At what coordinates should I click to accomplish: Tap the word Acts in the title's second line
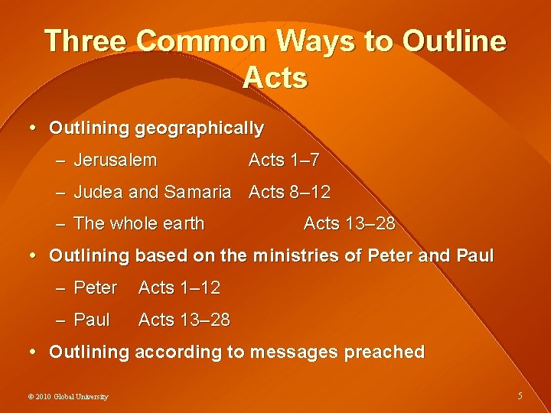click(275, 78)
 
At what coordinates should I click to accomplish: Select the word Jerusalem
click(116, 161)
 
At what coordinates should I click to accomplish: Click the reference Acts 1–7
click(284, 161)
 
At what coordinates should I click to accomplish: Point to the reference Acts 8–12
click(289, 192)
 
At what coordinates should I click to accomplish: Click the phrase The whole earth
click(139, 223)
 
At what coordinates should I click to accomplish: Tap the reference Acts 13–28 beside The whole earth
click(349, 223)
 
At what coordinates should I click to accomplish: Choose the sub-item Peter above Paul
click(96, 288)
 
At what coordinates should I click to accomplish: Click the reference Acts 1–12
click(179, 288)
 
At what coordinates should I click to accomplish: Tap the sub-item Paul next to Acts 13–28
click(92, 320)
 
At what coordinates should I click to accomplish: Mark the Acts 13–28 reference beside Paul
click(184, 320)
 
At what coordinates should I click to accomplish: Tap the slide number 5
click(520, 396)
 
